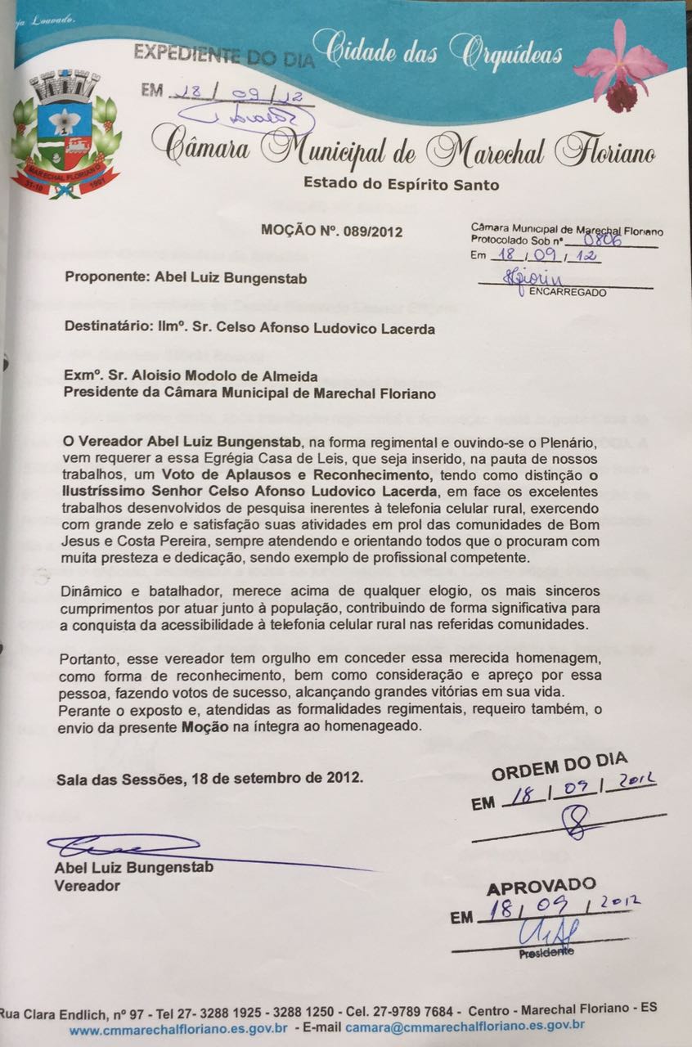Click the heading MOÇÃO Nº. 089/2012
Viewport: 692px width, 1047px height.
[x=332, y=231]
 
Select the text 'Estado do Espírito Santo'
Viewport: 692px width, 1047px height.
[x=401, y=184]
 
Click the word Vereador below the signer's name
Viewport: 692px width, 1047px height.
[x=87, y=885]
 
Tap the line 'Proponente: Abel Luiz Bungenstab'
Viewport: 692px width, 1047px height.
[x=186, y=277]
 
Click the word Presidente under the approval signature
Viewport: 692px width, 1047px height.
[x=546, y=953]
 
